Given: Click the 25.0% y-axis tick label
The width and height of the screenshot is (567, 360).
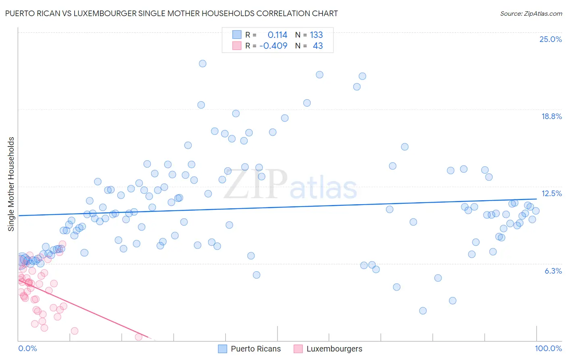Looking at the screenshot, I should click(x=550, y=39).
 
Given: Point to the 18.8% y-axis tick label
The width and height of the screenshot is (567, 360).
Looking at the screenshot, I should click(x=551, y=116).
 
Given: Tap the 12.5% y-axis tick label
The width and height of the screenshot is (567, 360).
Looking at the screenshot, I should click(x=551, y=193).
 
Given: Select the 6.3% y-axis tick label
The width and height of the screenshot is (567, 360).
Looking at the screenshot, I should click(x=553, y=271).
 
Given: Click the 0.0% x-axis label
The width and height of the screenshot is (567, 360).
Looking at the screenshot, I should click(x=27, y=348).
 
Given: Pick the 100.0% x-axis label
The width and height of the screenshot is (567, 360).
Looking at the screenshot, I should click(x=548, y=348).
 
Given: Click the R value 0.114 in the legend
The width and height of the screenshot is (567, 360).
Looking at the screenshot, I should click(x=277, y=35).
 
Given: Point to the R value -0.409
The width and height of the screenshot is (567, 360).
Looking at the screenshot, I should click(x=273, y=46).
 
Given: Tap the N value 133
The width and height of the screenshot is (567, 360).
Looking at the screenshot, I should click(x=316, y=35).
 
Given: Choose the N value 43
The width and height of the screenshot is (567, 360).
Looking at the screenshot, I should click(x=318, y=46).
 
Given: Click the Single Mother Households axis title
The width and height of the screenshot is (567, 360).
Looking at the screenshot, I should click(x=11, y=184).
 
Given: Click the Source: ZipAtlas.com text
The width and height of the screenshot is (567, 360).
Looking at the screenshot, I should click(x=531, y=13).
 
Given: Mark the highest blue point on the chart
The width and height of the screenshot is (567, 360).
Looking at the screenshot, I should click(x=202, y=63).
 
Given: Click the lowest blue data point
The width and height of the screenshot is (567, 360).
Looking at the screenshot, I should click(x=423, y=310).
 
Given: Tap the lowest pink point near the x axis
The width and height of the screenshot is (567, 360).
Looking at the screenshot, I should click(x=139, y=337).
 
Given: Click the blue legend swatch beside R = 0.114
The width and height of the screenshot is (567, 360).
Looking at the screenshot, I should click(x=237, y=35).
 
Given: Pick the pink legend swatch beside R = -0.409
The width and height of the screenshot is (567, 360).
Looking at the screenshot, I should click(x=237, y=46).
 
